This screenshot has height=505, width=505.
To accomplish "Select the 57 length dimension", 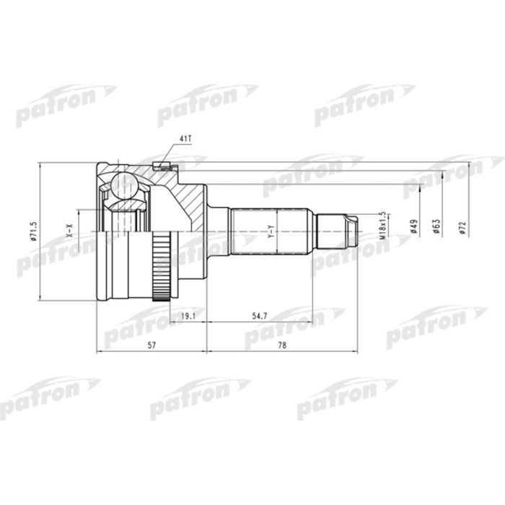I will click(151, 346).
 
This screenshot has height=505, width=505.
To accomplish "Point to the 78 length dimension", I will click(282, 346).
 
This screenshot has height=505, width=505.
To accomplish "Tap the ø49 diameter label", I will click(413, 227).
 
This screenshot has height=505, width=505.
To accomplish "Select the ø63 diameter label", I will click(436, 227).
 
